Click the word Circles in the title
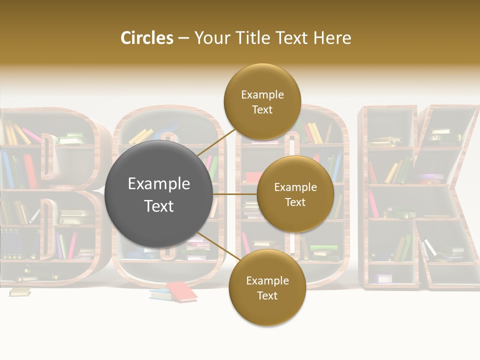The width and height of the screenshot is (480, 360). pyautogui.click(x=146, y=38)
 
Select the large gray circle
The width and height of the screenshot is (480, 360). pyautogui.click(x=158, y=194)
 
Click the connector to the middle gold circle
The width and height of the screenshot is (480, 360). pyautogui.click(x=235, y=194)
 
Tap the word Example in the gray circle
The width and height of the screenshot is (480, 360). pyautogui.click(x=159, y=184)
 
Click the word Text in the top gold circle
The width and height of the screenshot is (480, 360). pyautogui.click(x=262, y=110)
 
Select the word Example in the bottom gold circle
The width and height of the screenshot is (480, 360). pyautogui.click(x=267, y=281)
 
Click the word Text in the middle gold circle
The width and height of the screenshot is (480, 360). pyautogui.click(x=295, y=202)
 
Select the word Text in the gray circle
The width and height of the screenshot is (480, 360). pyautogui.click(x=159, y=206)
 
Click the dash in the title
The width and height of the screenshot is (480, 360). pyautogui.click(x=183, y=38)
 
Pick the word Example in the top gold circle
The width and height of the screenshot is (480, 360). pyautogui.click(x=262, y=95)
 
